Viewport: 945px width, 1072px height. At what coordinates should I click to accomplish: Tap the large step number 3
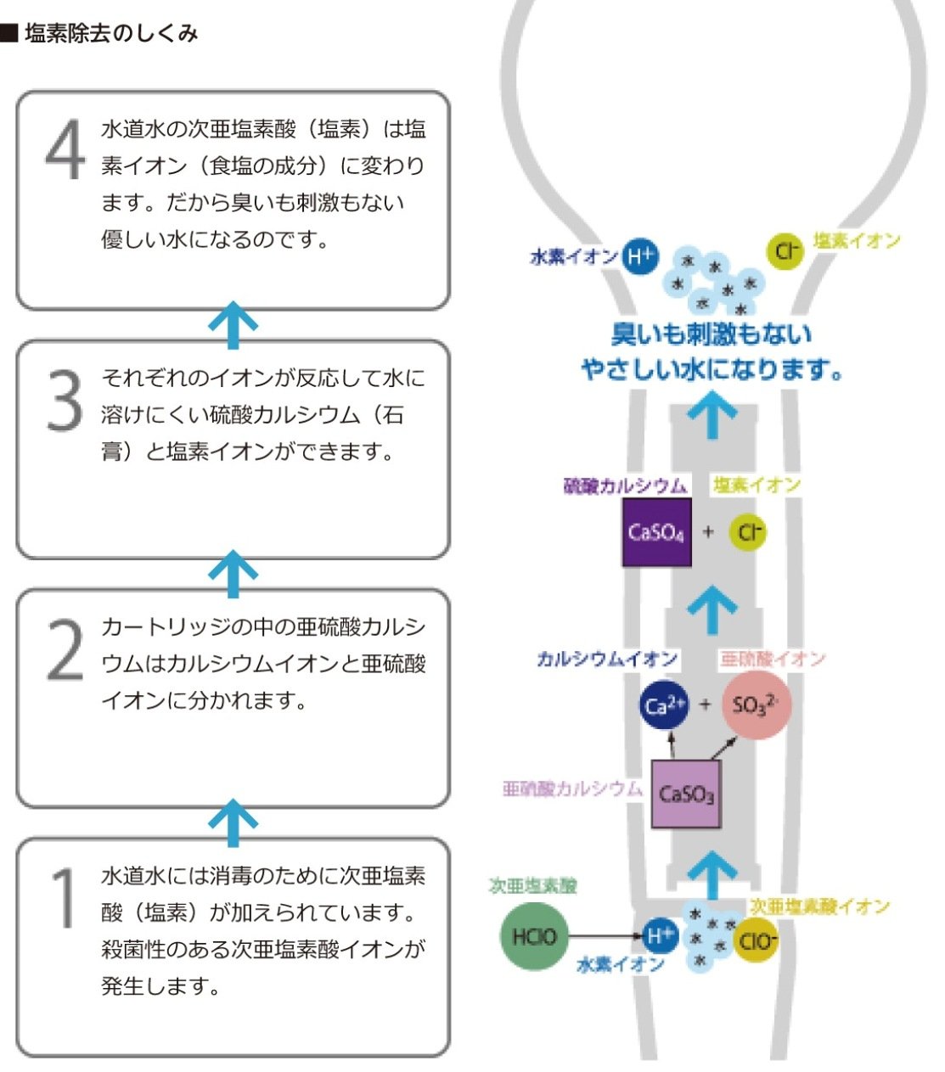pyautogui.click(x=65, y=401)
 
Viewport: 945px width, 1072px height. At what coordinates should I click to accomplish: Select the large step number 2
pyautogui.click(x=65, y=650)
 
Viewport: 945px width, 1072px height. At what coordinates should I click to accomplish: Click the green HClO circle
pyautogui.click(x=534, y=937)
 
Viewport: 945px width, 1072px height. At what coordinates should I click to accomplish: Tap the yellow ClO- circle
pyautogui.click(x=755, y=940)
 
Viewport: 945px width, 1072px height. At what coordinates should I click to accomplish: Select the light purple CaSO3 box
pyautogui.click(x=686, y=794)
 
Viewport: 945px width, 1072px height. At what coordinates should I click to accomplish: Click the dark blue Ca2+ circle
pyautogui.click(x=664, y=705)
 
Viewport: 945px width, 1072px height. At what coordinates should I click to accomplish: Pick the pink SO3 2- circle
pyautogui.click(x=756, y=704)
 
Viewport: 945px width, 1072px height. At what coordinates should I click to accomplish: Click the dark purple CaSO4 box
pyautogui.click(x=656, y=532)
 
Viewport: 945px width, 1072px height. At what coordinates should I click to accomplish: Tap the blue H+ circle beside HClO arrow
pyautogui.click(x=660, y=936)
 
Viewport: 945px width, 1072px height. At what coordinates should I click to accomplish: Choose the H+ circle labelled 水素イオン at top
pyautogui.click(x=640, y=255)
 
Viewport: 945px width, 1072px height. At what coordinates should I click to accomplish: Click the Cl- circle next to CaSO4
pyautogui.click(x=748, y=532)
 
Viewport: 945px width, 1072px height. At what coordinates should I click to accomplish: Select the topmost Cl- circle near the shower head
pyautogui.click(x=785, y=250)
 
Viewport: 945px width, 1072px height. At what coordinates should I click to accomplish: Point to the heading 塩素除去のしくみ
pyautogui.click(x=110, y=33)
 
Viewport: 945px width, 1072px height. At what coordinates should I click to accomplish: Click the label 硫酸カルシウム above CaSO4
pyautogui.click(x=626, y=485)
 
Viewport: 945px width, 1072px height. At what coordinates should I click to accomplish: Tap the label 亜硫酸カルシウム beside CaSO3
pyautogui.click(x=573, y=789)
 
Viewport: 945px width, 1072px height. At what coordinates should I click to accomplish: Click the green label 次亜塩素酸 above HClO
pyautogui.click(x=533, y=885)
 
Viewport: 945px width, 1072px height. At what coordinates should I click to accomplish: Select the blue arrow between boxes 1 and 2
pyautogui.click(x=233, y=822)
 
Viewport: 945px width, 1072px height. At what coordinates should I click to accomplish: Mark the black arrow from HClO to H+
pyautogui.click(x=605, y=936)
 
